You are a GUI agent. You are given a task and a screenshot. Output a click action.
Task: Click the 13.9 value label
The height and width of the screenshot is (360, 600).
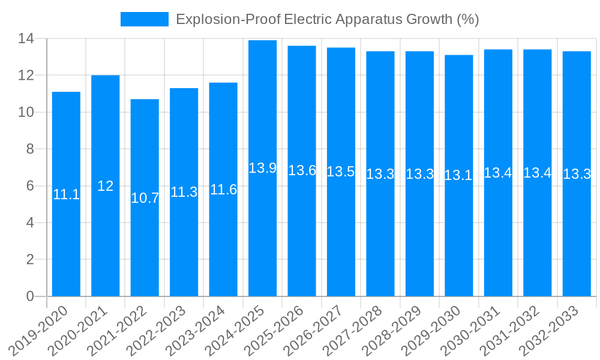(262, 168)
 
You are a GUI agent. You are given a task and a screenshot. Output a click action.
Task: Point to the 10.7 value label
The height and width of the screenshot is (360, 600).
(145, 198)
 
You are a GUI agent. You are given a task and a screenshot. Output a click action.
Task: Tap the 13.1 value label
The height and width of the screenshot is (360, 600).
(458, 175)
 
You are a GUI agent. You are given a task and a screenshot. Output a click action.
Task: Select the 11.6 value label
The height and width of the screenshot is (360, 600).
(223, 190)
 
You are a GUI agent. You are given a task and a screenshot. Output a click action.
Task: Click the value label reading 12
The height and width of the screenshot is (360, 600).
(105, 186)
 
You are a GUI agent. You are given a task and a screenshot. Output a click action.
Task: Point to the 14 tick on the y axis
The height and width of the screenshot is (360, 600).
(26, 39)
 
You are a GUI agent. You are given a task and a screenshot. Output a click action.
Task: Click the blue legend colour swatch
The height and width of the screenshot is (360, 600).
(144, 19)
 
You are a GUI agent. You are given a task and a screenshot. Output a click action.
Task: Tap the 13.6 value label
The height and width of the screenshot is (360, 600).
(302, 170)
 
